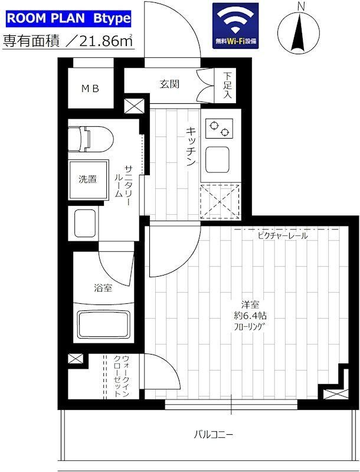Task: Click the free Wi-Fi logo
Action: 235,26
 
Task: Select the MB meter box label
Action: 90,89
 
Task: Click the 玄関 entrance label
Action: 169,84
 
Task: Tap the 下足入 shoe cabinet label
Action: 227,86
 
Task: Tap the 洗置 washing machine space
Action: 89,179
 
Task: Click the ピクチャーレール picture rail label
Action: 282,236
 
